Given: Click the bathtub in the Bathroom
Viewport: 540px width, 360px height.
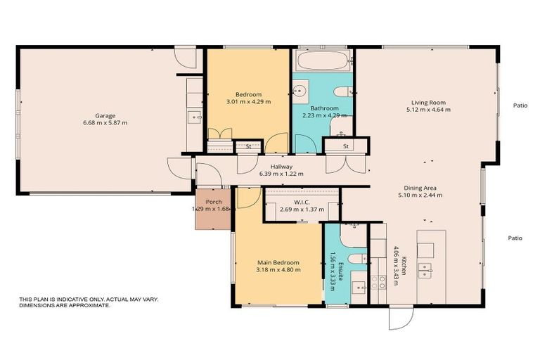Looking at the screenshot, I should (x=321, y=60).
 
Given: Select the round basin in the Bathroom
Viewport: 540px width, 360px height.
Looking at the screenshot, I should (x=301, y=90).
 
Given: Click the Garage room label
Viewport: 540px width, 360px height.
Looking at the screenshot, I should (x=105, y=115).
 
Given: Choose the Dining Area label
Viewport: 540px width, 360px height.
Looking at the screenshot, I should (x=420, y=188).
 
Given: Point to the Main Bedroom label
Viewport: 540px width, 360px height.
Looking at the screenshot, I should (x=278, y=262).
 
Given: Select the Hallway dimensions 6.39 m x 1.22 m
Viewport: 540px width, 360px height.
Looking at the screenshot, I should (x=281, y=174).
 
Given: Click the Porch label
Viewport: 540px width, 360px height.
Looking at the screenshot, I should (x=213, y=201).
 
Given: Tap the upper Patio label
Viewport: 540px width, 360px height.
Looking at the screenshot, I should (x=520, y=105).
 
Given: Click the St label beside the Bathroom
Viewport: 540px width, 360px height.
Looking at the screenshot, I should (x=346, y=146).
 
